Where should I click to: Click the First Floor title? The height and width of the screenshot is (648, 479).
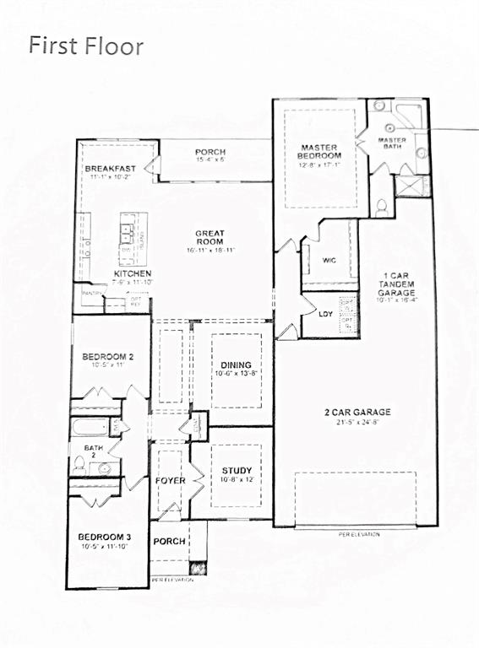[86, 46]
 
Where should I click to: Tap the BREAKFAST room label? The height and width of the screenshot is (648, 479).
[110, 170]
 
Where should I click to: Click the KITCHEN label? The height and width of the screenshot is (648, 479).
[133, 274]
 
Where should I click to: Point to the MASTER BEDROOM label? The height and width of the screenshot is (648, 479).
[320, 152]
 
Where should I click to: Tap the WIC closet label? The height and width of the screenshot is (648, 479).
[329, 261]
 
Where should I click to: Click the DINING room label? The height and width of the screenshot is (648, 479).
[231, 364]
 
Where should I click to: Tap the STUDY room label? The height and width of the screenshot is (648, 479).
[237, 471]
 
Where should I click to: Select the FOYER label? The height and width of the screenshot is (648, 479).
[170, 481]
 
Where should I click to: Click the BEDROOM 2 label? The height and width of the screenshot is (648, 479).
[109, 358]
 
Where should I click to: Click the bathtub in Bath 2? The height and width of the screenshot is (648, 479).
[90, 427]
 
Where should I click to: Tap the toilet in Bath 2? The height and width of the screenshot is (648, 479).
[79, 462]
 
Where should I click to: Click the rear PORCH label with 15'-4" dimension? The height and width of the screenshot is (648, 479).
[210, 153]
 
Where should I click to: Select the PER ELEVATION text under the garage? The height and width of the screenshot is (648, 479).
[359, 534]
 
